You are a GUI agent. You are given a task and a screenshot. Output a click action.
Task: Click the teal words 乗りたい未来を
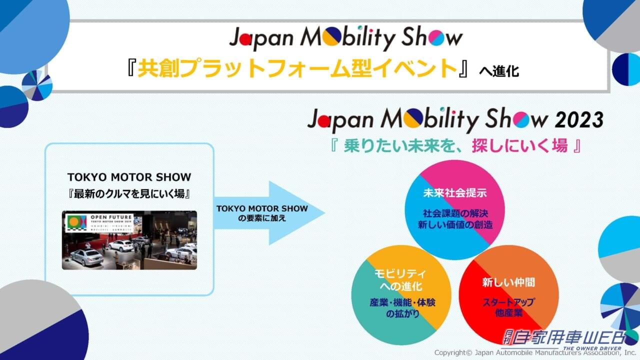[379, 145]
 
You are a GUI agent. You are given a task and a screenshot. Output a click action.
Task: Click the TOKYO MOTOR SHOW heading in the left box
[129, 177]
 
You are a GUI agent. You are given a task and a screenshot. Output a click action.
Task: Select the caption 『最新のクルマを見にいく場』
[129, 194]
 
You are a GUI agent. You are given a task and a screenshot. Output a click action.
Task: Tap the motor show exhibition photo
[129, 240]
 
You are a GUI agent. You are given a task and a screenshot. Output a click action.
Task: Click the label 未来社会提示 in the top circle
[455, 192]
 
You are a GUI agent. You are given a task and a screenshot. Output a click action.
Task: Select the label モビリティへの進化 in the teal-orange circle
[400, 280]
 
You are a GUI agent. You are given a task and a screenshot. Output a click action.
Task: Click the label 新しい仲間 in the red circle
[508, 282]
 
